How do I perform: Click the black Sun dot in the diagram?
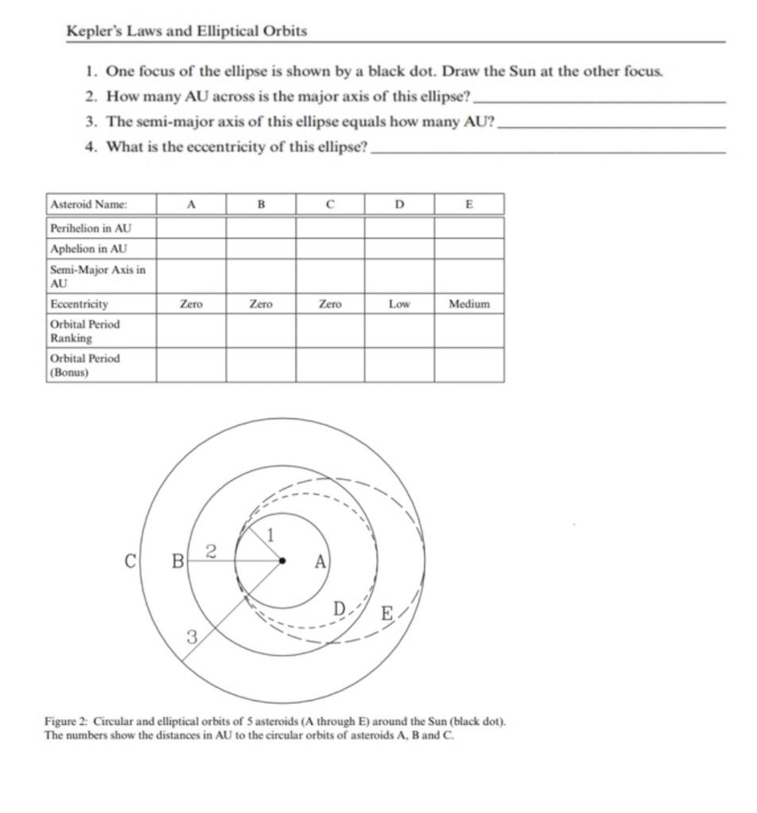point(282,561)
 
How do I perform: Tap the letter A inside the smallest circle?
point(319,562)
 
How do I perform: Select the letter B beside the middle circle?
point(178,562)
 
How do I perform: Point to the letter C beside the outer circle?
point(130,561)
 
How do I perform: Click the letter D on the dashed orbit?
point(339,609)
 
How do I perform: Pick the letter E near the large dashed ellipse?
point(387,614)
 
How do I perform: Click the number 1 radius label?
point(270,535)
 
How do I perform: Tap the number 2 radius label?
point(211,552)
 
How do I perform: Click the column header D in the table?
point(400,204)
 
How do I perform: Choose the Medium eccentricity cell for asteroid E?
point(469,304)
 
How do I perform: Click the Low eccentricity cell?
point(400,304)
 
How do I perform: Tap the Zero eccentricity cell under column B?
point(261,304)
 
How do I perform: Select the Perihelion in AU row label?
point(90,228)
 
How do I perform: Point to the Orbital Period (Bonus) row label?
point(85,364)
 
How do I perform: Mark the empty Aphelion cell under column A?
point(191,249)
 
